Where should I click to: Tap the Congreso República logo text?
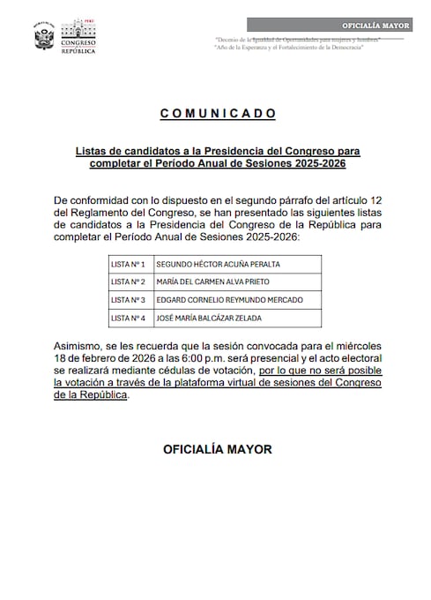click(x=79, y=40)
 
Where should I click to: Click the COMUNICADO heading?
click(x=219, y=114)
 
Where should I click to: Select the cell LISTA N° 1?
click(x=129, y=264)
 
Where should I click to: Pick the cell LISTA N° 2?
click(x=129, y=281)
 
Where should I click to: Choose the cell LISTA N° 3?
click(x=129, y=300)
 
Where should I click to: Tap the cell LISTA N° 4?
click(x=129, y=318)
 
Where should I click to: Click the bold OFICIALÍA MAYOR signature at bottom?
click(x=218, y=449)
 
